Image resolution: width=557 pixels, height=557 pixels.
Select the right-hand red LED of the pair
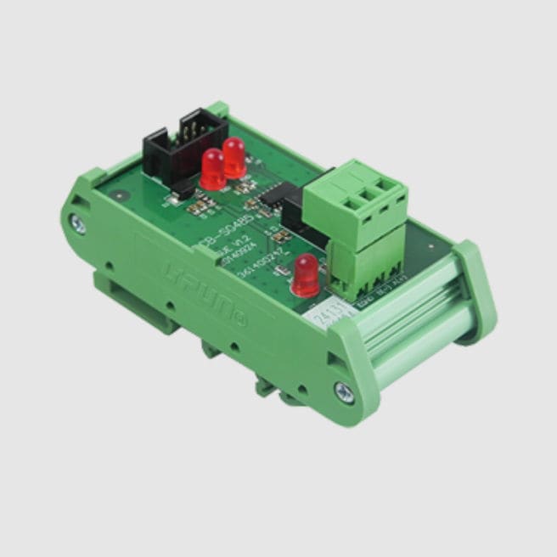(x=233, y=158)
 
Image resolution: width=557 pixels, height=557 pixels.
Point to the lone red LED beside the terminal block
(x=304, y=275)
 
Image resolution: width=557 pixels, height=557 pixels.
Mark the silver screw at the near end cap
(x=344, y=391)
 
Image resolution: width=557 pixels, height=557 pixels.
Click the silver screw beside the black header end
(x=79, y=225)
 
